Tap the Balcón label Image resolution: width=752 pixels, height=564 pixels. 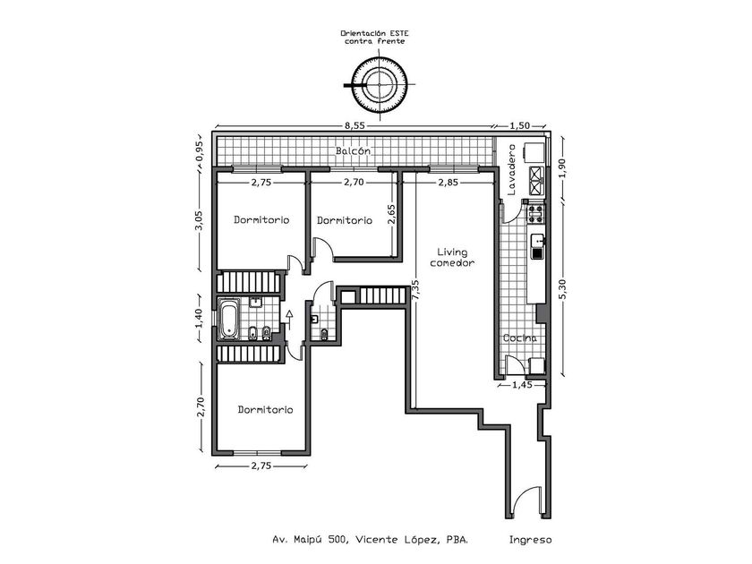pos(354,151)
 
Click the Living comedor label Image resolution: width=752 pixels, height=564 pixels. pos(451,257)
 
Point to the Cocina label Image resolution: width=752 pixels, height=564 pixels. pos(520,338)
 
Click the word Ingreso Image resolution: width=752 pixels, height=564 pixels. pos(530,540)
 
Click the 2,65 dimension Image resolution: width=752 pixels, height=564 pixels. pos(391,214)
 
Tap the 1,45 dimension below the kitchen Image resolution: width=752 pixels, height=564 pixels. pos(523,386)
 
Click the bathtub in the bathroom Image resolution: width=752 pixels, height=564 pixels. pos(230,318)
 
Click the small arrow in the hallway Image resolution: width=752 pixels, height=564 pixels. pos(289,315)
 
